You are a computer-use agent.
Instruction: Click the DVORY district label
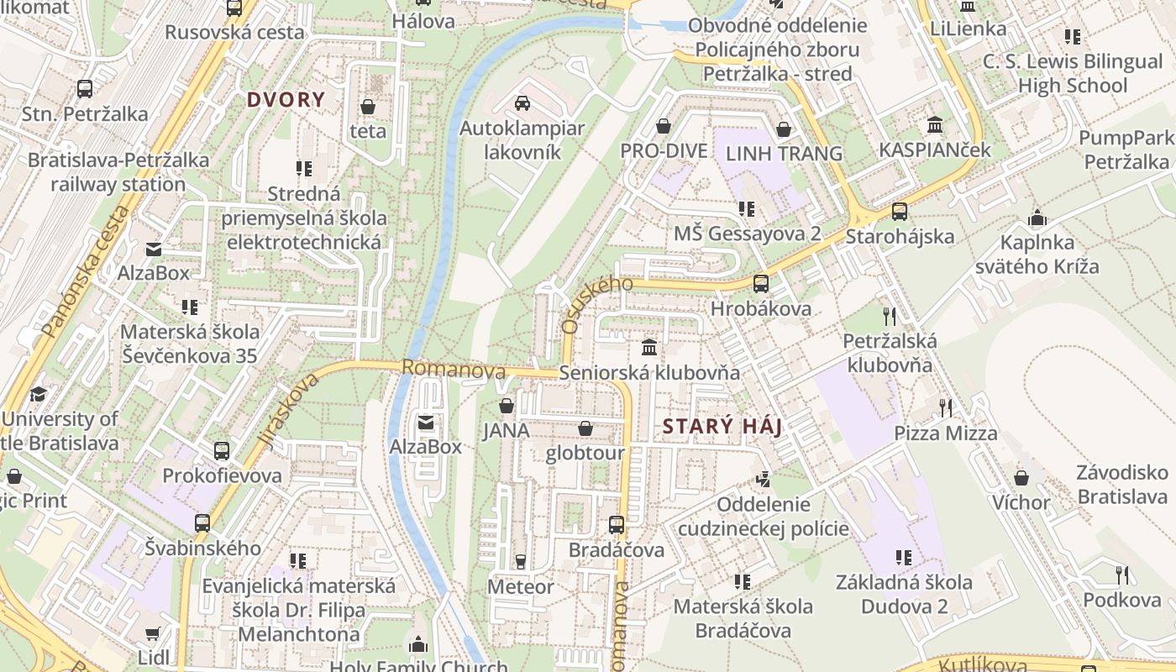click(285, 100)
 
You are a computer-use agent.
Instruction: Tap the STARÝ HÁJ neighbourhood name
click(722, 427)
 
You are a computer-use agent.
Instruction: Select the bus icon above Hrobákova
click(760, 284)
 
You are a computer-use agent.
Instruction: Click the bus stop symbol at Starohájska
click(900, 212)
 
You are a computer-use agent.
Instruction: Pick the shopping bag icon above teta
click(367, 107)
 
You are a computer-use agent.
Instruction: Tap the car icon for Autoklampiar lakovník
click(522, 103)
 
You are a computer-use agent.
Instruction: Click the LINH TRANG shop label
click(784, 153)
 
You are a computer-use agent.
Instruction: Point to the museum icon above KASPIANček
click(934, 126)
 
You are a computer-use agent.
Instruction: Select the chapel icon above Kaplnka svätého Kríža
click(1037, 218)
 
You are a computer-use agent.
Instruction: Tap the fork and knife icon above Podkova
click(1121, 575)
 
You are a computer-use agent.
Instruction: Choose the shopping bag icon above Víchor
click(1021, 478)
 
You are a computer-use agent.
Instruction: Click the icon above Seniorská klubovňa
click(649, 347)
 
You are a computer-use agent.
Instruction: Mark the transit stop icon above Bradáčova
click(616, 525)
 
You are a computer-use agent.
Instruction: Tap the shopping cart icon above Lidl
click(152, 633)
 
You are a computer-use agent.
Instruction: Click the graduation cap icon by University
click(38, 394)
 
